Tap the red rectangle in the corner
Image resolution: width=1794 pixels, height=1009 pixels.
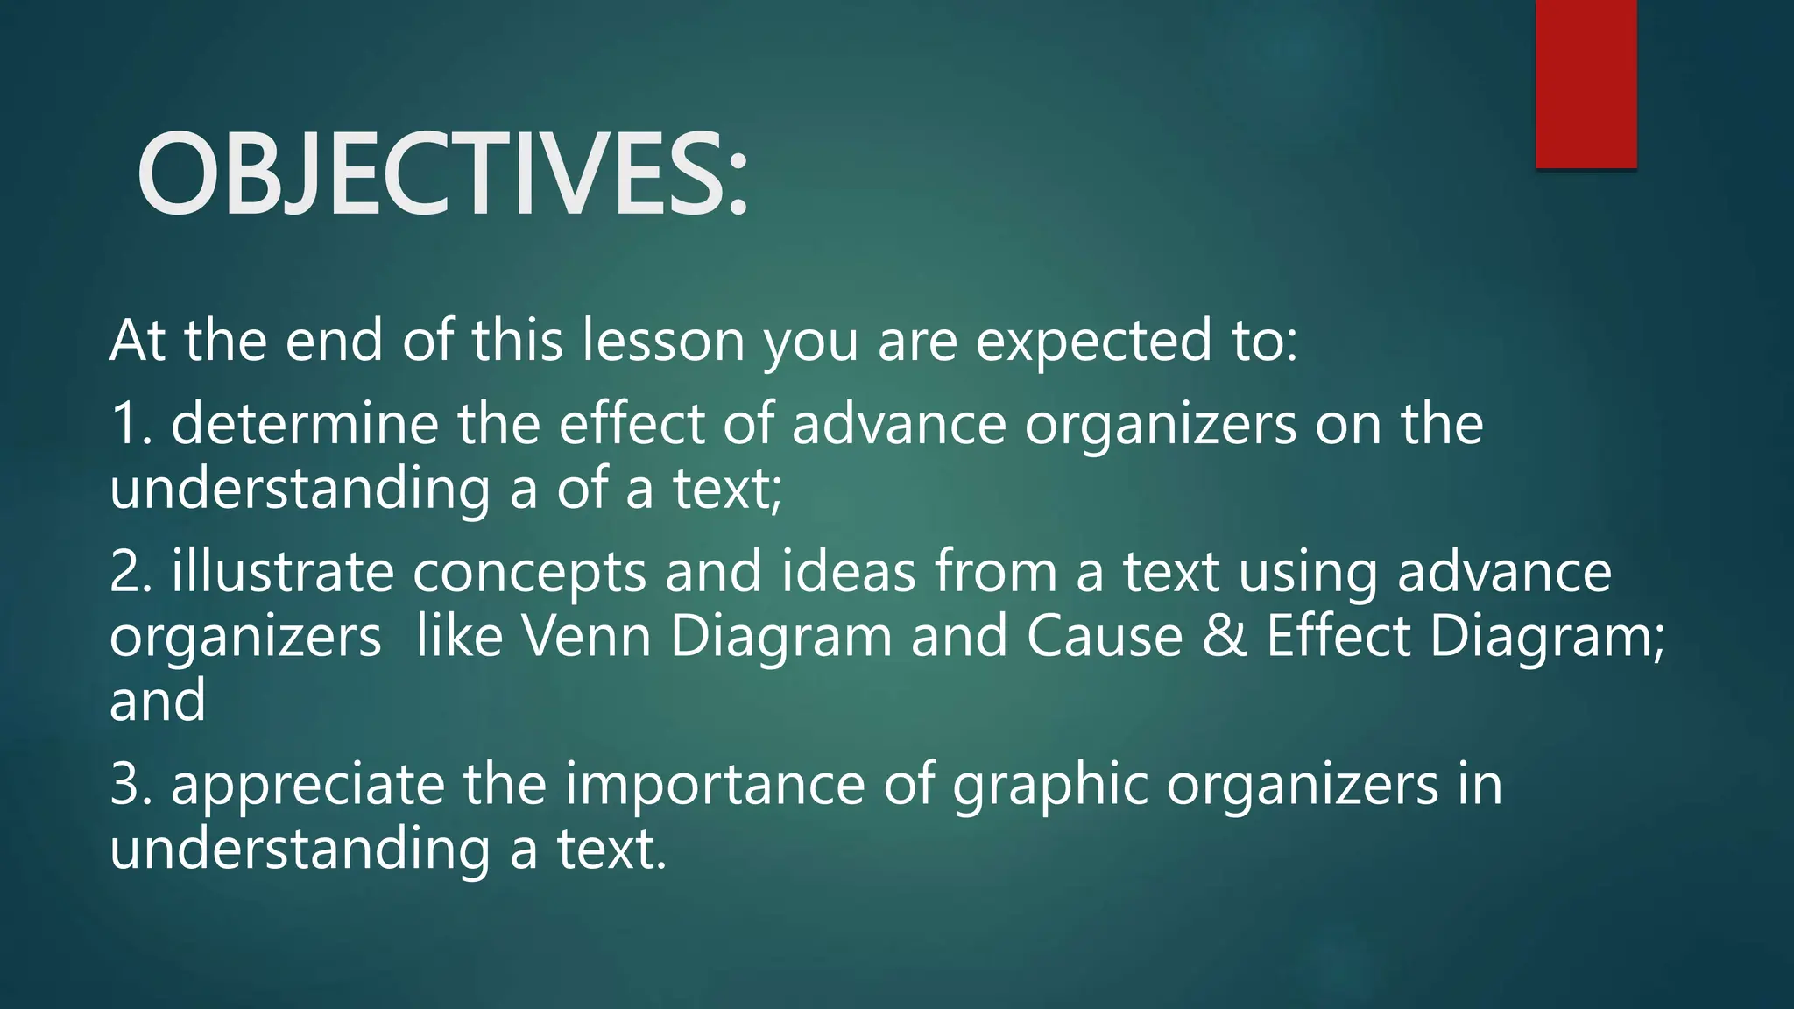(1586, 83)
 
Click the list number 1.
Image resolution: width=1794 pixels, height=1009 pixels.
(127, 424)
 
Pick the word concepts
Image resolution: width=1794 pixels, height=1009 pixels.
(529, 574)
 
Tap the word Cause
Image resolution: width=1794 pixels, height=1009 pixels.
(1105, 636)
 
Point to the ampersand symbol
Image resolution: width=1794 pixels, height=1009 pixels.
(1225, 636)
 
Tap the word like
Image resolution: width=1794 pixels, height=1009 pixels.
(460, 636)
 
